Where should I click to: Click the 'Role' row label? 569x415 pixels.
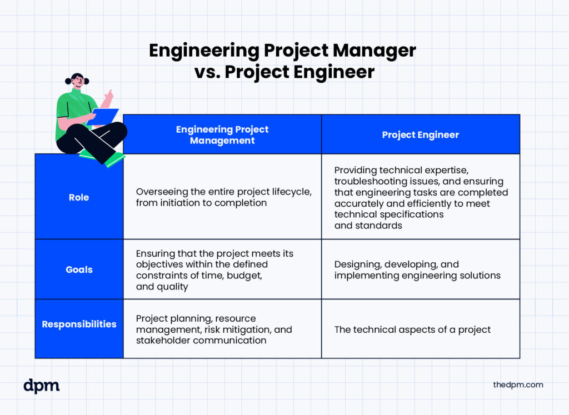click(x=79, y=197)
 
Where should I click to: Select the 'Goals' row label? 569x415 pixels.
click(x=79, y=269)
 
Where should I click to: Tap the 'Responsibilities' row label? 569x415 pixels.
click(x=79, y=324)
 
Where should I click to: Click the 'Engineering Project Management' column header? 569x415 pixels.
click(x=222, y=134)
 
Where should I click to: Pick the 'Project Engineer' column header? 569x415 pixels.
click(x=421, y=134)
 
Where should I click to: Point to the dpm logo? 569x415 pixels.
click(x=41, y=386)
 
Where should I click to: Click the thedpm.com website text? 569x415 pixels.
click(x=518, y=384)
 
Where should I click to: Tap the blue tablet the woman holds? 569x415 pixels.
click(x=103, y=117)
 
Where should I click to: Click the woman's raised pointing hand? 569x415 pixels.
click(x=109, y=96)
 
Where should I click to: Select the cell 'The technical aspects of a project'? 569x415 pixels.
click(x=412, y=329)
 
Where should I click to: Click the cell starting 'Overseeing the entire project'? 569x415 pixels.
click(x=223, y=197)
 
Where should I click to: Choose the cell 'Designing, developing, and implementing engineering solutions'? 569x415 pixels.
click(x=417, y=269)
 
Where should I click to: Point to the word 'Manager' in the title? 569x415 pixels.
click(x=374, y=51)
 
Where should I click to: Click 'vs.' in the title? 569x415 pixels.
click(x=207, y=72)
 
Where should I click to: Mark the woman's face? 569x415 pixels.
click(x=77, y=81)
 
